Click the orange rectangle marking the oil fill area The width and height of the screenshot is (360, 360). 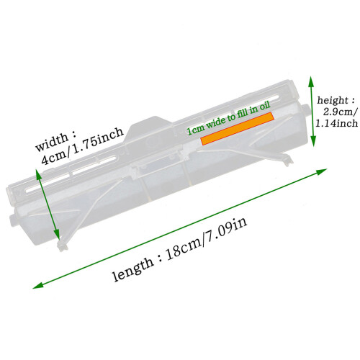[238, 129]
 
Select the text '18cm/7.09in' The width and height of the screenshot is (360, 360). [206, 240]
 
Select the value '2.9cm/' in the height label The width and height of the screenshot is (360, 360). [340, 112]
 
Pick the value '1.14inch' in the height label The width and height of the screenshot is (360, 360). [336, 123]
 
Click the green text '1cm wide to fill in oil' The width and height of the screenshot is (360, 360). [229, 118]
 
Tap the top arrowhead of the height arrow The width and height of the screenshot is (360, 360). [311, 81]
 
